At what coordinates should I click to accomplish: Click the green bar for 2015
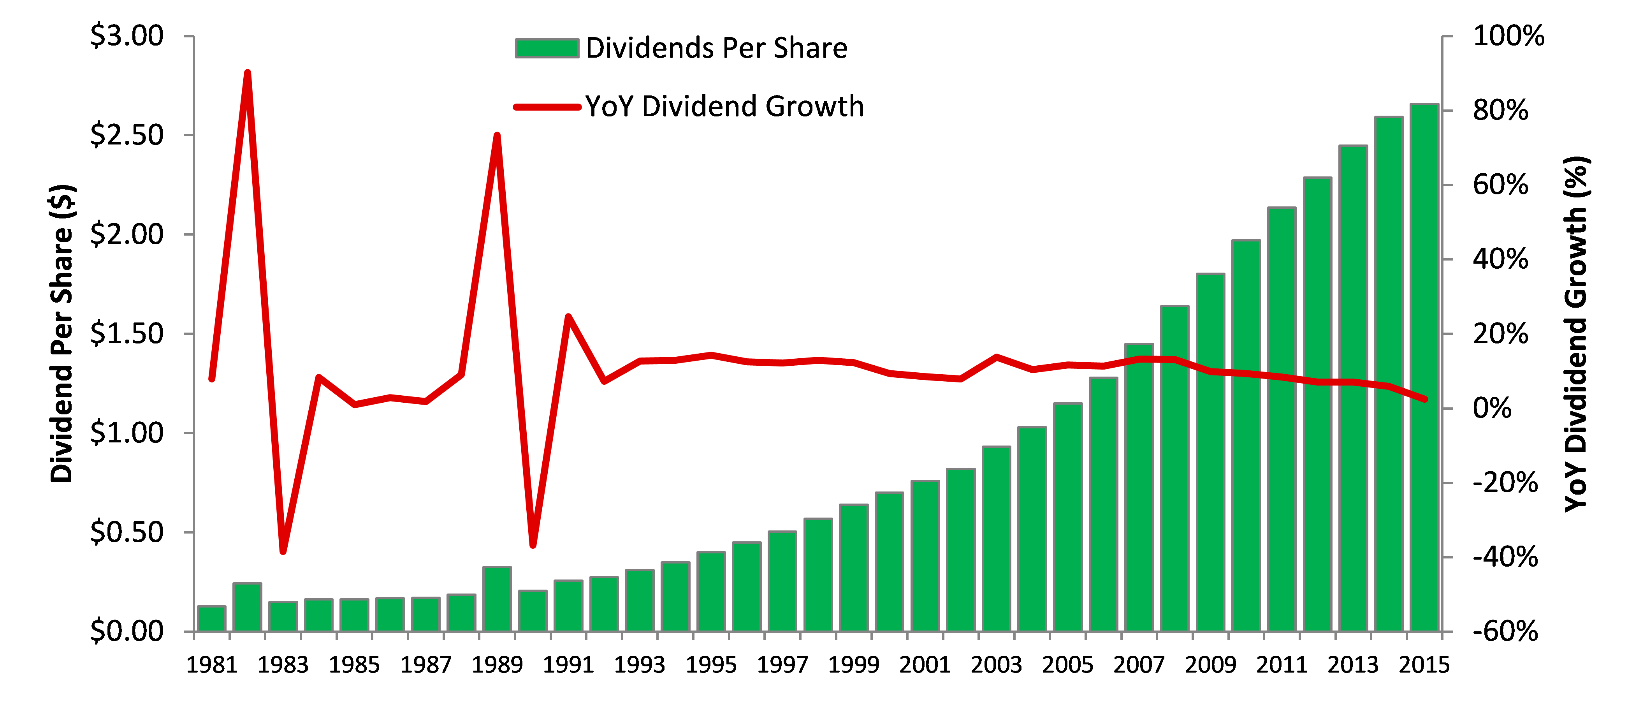1424,368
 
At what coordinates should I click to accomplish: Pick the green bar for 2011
1282,419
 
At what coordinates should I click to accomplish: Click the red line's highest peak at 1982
248,73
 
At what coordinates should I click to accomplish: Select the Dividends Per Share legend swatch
547,48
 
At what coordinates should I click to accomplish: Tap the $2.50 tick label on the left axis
127,135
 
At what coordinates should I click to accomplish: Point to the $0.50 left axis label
127,532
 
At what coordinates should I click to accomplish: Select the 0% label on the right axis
1492,408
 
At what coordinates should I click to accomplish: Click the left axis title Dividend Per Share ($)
62,333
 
